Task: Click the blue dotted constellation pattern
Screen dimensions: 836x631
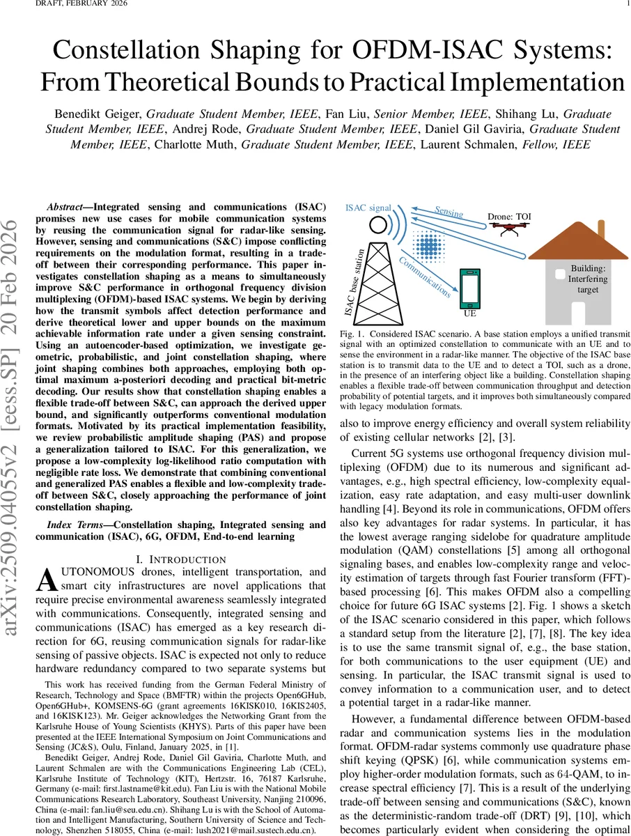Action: (429, 247)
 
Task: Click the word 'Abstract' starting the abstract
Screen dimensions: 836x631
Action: (69, 208)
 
